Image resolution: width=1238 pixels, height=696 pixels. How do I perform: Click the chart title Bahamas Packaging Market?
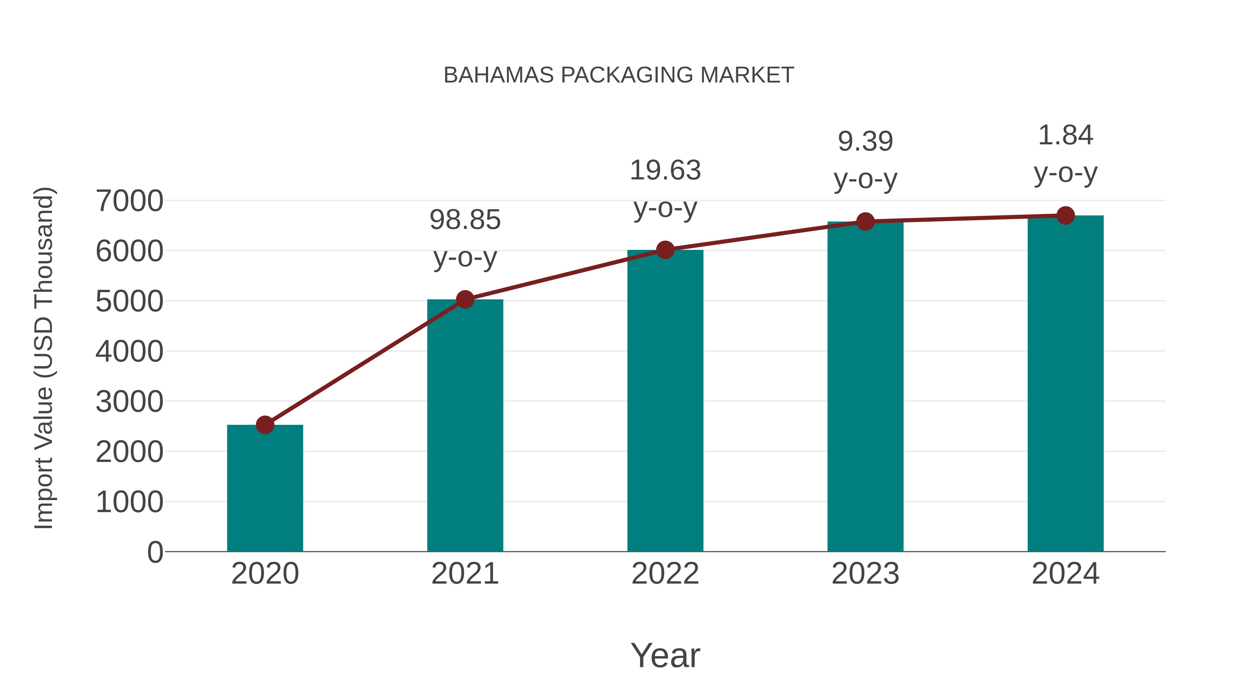tap(619, 75)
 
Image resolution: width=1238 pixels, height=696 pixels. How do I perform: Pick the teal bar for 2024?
tap(1065, 384)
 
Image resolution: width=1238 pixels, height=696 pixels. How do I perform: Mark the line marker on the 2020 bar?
tap(265, 424)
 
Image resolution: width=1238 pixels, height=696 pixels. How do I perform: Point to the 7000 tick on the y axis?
tap(129, 201)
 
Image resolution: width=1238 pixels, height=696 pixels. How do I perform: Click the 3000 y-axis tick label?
tap(129, 401)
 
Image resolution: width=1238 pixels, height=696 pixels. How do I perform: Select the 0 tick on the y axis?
tap(155, 552)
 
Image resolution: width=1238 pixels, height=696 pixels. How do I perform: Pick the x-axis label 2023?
tap(865, 574)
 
